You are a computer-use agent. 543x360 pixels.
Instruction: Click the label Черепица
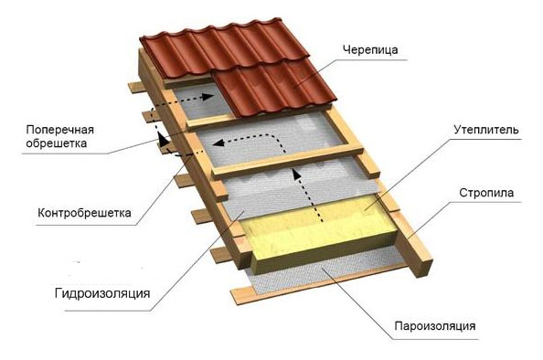(370, 50)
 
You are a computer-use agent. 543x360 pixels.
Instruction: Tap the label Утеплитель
(486, 130)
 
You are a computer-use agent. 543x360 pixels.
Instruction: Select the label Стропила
(486, 193)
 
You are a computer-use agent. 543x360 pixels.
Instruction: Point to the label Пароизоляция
(435, 326)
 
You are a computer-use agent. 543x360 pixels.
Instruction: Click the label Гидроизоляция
(102, 293)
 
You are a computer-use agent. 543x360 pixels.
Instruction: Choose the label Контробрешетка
(84, 213)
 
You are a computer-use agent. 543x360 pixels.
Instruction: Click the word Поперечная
(60, 130)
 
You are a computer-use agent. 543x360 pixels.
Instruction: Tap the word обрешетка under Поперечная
(56, 143)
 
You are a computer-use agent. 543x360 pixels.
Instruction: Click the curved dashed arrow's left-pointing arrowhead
(218, 143)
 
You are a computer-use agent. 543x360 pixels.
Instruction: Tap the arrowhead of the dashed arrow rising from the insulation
(295, 174)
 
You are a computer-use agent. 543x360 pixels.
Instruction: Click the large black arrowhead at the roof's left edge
(163, 139)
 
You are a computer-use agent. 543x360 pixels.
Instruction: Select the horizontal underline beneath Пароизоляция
(436, 339)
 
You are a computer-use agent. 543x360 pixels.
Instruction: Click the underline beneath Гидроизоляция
(107, 311)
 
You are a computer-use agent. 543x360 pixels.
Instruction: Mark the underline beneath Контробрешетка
(86, 226)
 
